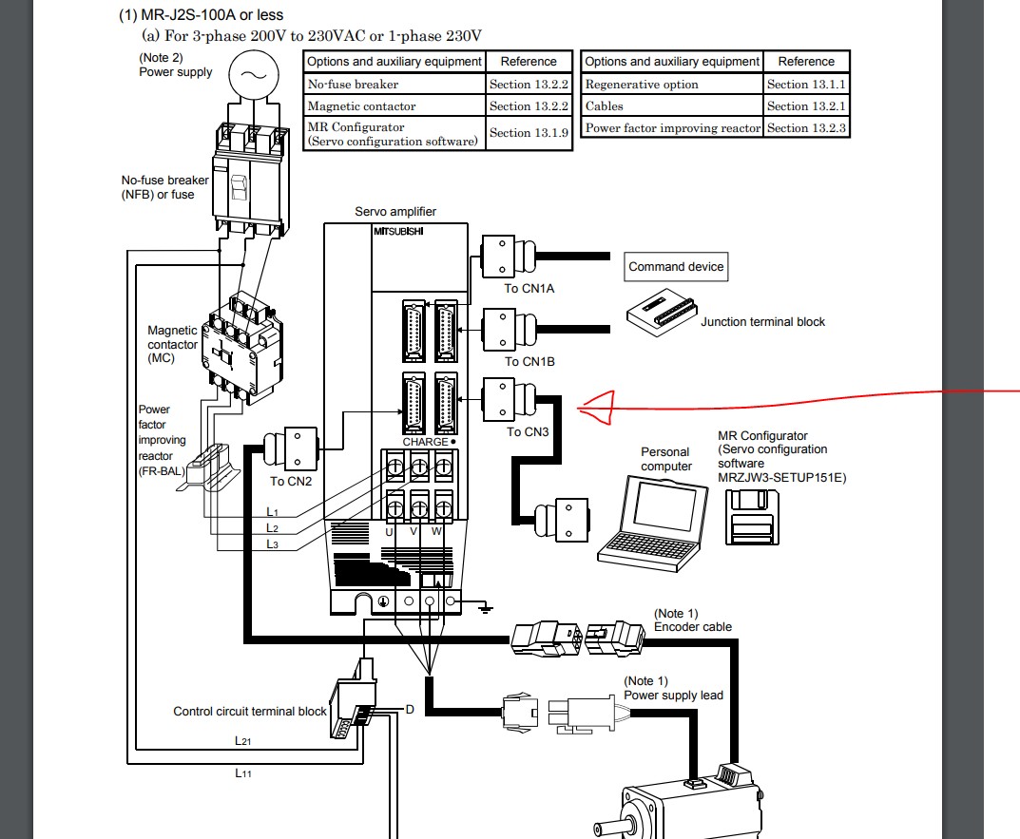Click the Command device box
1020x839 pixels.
[676, 267]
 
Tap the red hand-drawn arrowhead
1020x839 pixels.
[594, 410]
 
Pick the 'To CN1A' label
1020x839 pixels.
[529, 288]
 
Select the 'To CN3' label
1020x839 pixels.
[528, 432]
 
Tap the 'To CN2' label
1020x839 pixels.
[290, 481]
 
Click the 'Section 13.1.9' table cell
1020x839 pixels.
[529, 133]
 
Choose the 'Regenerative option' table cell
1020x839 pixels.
[642, 85]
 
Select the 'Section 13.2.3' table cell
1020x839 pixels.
[806, 128]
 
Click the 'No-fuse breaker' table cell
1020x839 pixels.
[354, 85]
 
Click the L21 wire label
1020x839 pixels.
[242, 738]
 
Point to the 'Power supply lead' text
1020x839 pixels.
[673, 695]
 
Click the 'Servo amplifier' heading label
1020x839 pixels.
[395, 212]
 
